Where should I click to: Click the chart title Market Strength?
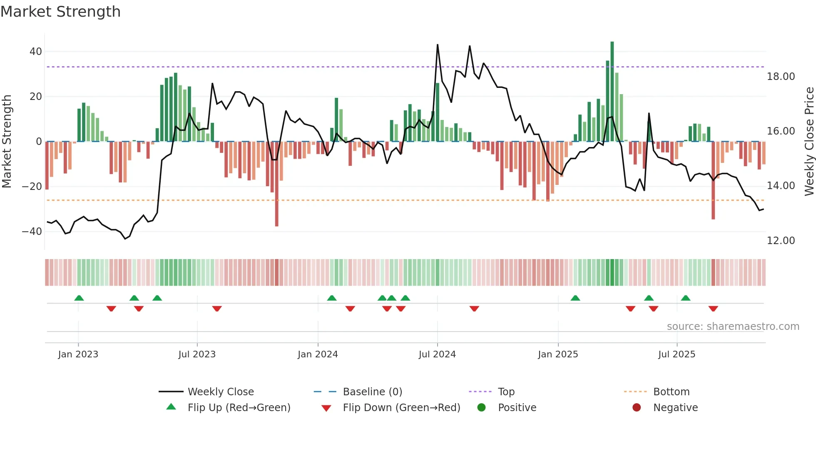(60, 12)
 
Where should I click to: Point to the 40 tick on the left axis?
(36, 52)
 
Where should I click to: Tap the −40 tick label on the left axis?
(32, 232)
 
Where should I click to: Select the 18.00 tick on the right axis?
(781, 77)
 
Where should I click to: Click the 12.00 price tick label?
(781, 241)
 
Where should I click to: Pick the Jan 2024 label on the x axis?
(318, 354)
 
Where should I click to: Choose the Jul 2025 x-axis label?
(677, 354)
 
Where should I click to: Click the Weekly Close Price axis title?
(809, 142)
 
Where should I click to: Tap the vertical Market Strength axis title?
(7, 142)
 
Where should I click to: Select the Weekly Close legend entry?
(220, 392)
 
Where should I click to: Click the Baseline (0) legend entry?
(372, 392)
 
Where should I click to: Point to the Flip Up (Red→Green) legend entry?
(239, 408)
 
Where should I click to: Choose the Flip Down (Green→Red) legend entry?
(401, 408)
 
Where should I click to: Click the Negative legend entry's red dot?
(637, 408)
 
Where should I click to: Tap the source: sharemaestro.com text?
(733, 327)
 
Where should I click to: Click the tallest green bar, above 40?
(612, 92)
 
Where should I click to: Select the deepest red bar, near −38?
(276, 183)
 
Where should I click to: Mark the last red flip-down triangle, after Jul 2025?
(713, 309)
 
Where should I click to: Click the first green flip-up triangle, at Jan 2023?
(79, 298)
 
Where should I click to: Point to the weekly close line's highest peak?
(438, 45)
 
